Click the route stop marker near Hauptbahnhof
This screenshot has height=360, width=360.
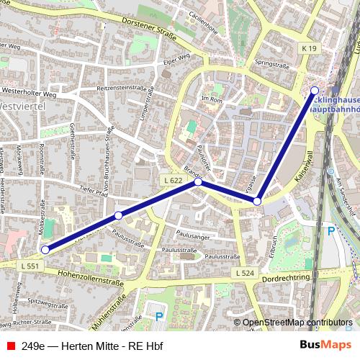coord(315,90)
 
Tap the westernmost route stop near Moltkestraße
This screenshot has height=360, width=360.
coord(45,250)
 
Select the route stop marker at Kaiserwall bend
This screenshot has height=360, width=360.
coord(257,202)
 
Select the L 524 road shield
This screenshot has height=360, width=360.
coord(243,274)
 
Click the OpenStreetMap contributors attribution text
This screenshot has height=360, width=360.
coord(297,323)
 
